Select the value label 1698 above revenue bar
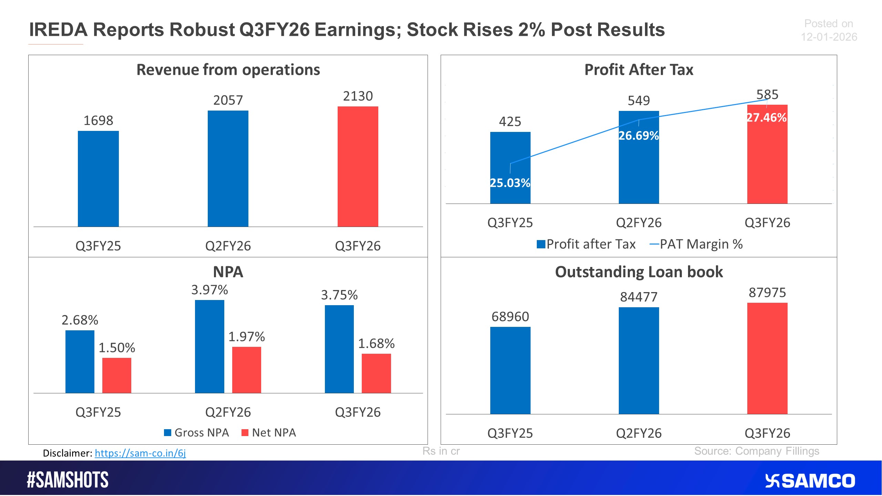pos(98,121)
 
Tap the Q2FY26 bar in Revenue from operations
pos(228,168)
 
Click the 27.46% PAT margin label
pos(767,118)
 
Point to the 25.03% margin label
pos(510,183)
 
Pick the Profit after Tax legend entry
pos(586,244)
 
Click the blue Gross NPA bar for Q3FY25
pos(80,362)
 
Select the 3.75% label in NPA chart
pos(339,295)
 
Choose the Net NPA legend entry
pos(269,433)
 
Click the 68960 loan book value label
pos(510,317)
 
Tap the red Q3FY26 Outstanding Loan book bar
pos(767,358)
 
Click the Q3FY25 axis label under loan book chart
pos(510,433)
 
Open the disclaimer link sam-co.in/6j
pos(140,453)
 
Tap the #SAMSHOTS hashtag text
pos(68,480)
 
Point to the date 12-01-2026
pos(829,37)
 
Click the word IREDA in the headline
pos(58,30)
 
